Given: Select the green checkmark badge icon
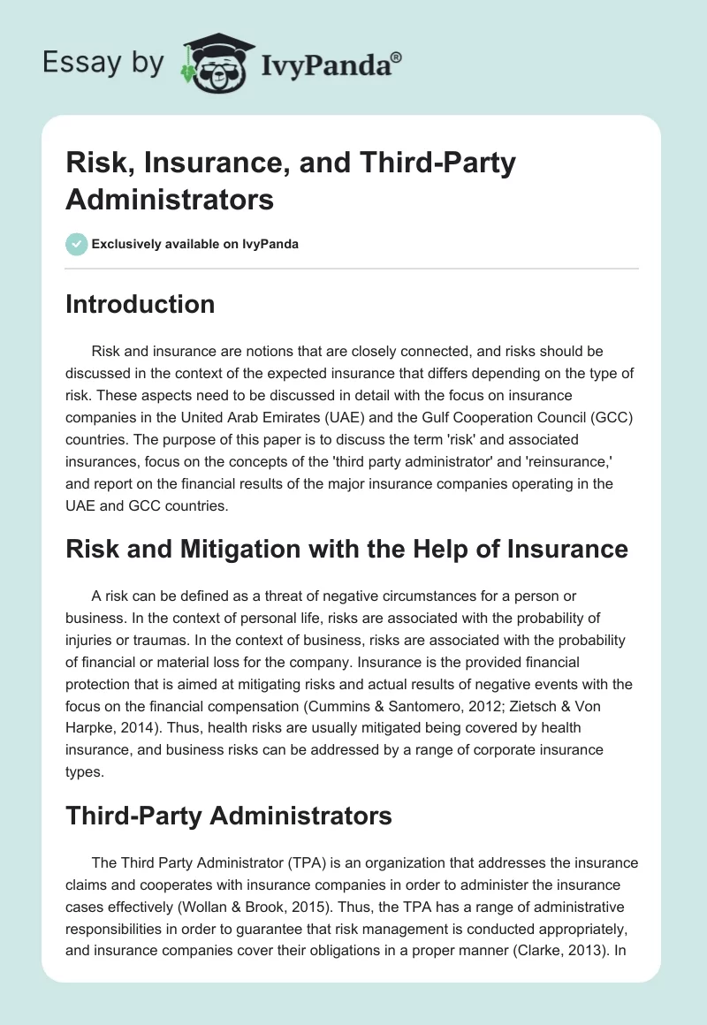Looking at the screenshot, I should [76, 244].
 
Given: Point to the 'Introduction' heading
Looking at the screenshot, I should [140, 305].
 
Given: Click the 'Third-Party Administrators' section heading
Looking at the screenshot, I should [228, 816].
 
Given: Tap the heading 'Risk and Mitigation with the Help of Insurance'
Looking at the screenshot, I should [346, 549].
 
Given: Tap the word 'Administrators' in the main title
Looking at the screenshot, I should [170, 200].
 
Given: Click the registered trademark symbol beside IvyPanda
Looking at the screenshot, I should [397, 56].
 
